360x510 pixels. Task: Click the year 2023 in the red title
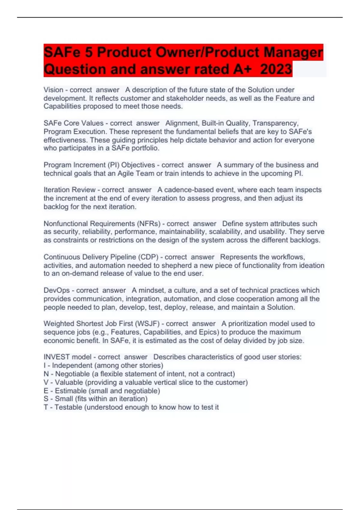click(276, 69)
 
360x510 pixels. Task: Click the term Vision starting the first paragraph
click(53, 90)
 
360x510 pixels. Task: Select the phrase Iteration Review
click(69, 190)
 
